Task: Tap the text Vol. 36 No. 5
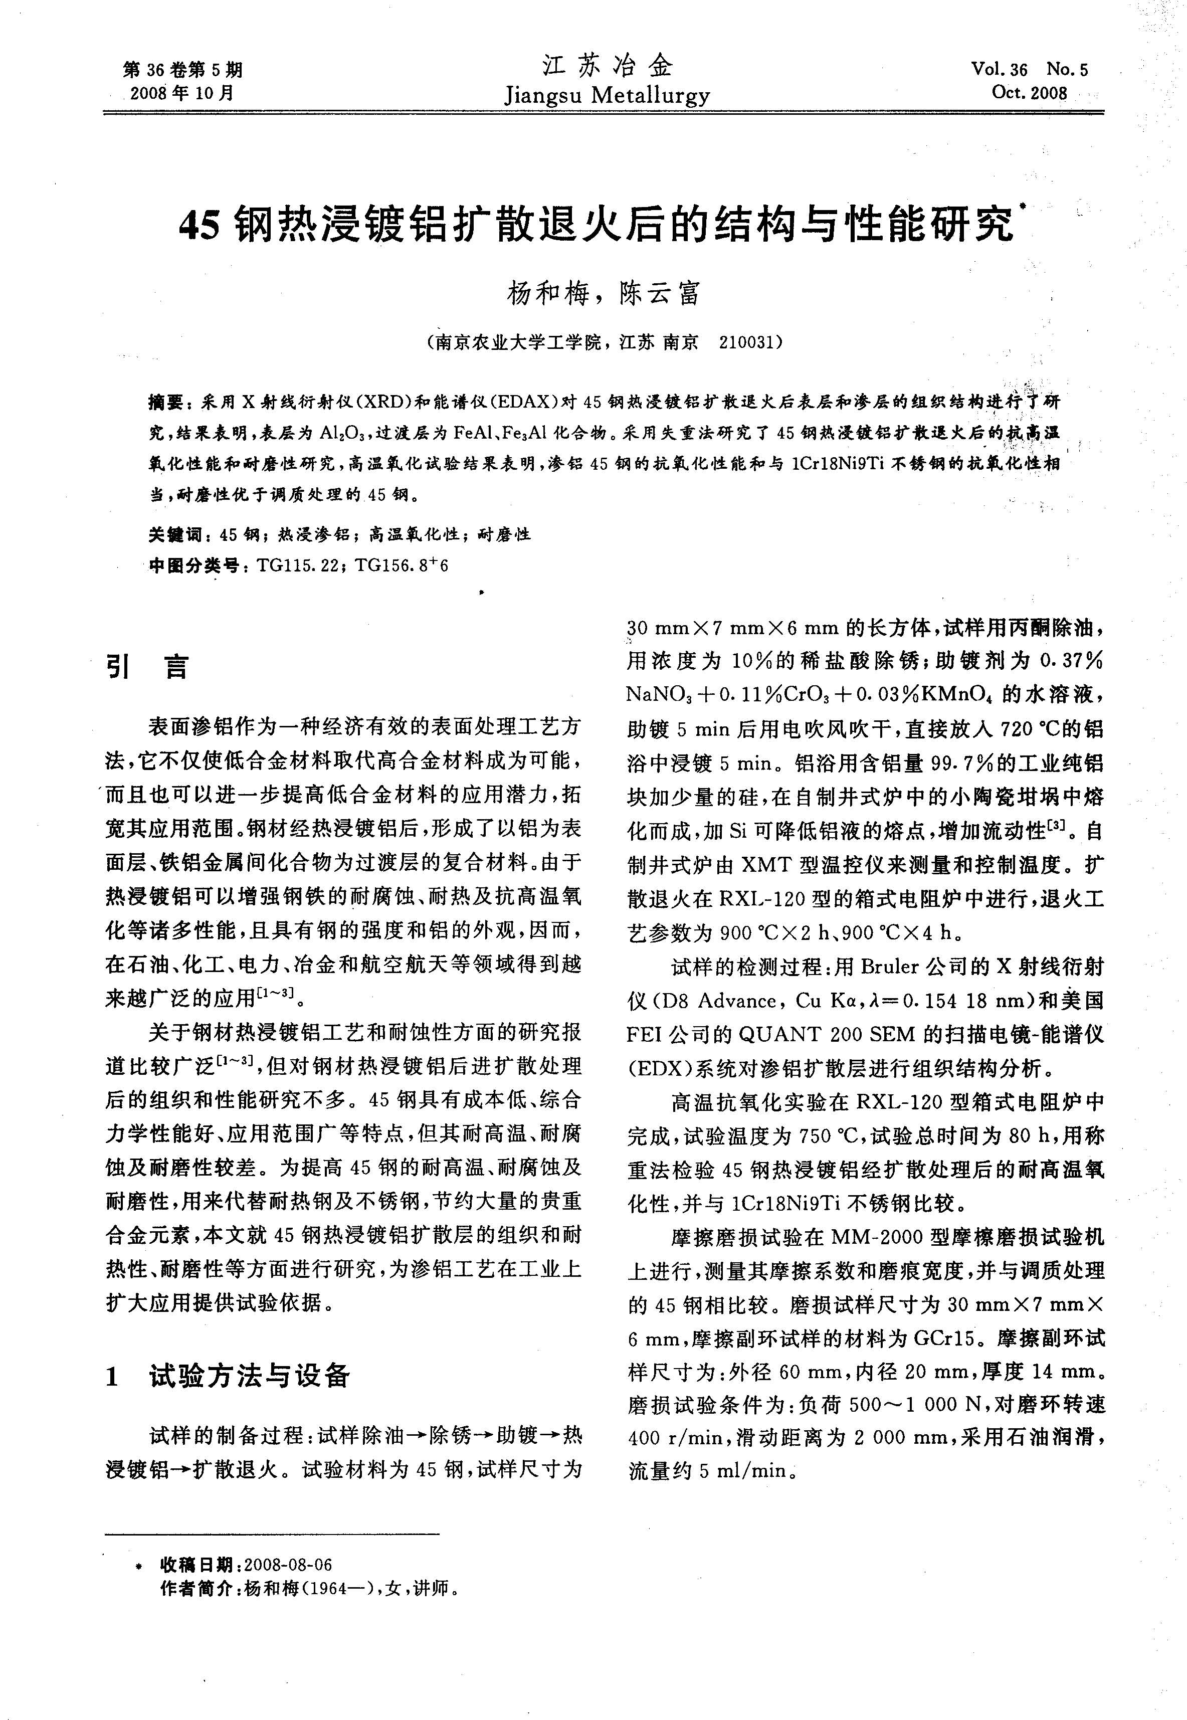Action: [1029, 69]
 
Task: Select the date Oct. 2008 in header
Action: [1029, 93]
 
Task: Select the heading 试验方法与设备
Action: [249, 1377]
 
